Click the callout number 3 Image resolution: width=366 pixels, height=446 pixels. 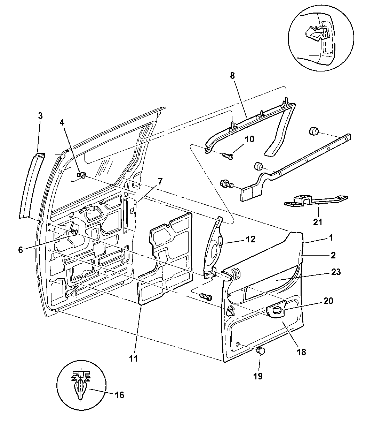pos(40,116)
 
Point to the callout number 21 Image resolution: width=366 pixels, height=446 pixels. pos(318,222)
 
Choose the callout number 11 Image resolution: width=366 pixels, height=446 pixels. pos(134,358)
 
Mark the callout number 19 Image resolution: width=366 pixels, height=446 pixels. pos(258,376)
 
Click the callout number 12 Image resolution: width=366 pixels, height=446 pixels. pos(250,239)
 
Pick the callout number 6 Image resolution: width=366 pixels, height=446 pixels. pos(21,250)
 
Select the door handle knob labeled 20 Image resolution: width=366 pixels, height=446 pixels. pos(277,310)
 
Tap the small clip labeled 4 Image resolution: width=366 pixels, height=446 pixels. pos(82,175)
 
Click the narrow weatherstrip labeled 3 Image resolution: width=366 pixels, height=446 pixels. pos(32,185)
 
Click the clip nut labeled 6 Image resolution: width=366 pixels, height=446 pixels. pos(74,233)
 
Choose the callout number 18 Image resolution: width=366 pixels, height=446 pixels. pos(301,351)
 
